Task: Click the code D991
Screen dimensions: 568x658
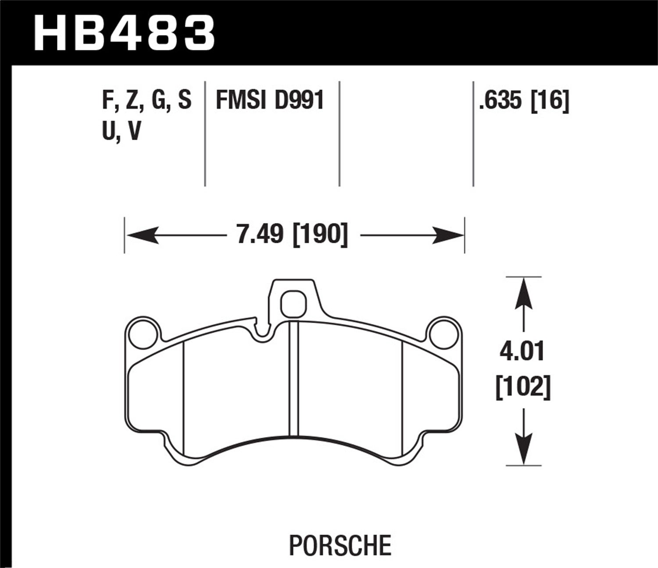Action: click(x=299, y=100)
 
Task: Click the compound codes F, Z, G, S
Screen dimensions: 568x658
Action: click(x=147, y=100)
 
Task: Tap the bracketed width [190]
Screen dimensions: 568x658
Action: click(x=320, y=235)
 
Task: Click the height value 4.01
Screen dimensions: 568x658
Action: click(x=522, y=352)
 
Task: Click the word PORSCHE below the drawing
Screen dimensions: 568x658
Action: click(x=340, y=545)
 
